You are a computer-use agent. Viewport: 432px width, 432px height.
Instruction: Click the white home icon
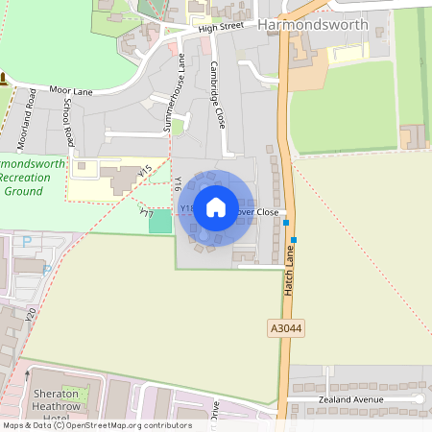pos(216,207)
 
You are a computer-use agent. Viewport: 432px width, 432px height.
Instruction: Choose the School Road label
pos(66,121)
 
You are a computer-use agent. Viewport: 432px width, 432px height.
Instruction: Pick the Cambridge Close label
pos(218,96)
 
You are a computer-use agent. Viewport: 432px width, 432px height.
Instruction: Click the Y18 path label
pos(187,207)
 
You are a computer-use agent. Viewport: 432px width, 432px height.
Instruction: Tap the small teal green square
pos(160,222)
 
